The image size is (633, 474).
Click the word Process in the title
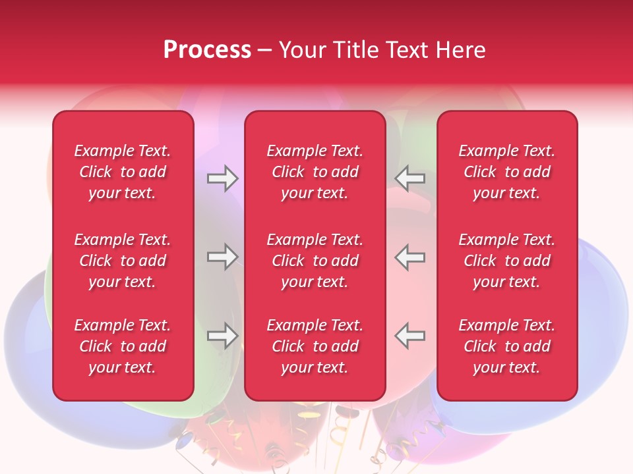pyautogui.click(x=207, y=50)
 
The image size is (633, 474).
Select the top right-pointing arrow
pyautogui.click(x=222, y=178)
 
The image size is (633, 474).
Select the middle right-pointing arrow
pyautogui.click(x=222, y=257)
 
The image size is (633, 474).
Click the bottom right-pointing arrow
pyautogui.click(x=222, y=336)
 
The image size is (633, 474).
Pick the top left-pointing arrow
pyautogui.click(x=410, y=178)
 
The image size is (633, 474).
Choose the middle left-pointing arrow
pyautogui.click(x=410, y=257)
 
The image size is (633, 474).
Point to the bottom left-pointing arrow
pyautogui.click(x=410, y=336)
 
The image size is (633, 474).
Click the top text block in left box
pyautogui.click(x=123, y=172)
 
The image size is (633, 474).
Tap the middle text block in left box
pyautogui.click(x=123, y=261)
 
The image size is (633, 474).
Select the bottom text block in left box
pyautogui.click(x=123, y=346)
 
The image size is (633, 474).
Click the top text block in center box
pyautogui.click(x=315, y=172)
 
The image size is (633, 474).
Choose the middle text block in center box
pyautogui.click(x=315, y=261)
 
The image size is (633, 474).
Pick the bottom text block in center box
pyautogui.click(x=315, y=346)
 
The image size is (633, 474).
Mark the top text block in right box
pyautogui.click(x=506, y=172)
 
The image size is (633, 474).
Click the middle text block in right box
pyautogui.click(x=506, y=261)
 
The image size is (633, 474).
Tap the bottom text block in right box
pyautogui.click(x=506, y=346)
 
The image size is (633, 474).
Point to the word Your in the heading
pyautogui.click(x=301, y=50)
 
